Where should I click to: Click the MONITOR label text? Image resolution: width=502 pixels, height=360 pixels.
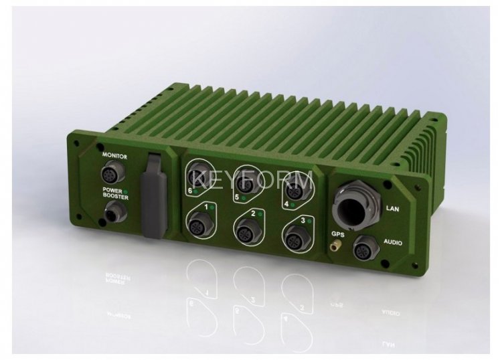click(x=114, y=157)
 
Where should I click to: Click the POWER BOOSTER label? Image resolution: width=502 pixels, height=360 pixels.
click(x=115, y=194)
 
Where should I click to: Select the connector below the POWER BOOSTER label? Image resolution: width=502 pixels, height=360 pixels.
click(x=115, y=213)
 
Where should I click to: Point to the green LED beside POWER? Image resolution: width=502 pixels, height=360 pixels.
click(x=126, y=191)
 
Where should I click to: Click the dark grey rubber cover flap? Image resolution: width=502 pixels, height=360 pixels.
click(x=155, y=195)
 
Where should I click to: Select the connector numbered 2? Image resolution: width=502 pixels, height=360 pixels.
click(x=246, y=232)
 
